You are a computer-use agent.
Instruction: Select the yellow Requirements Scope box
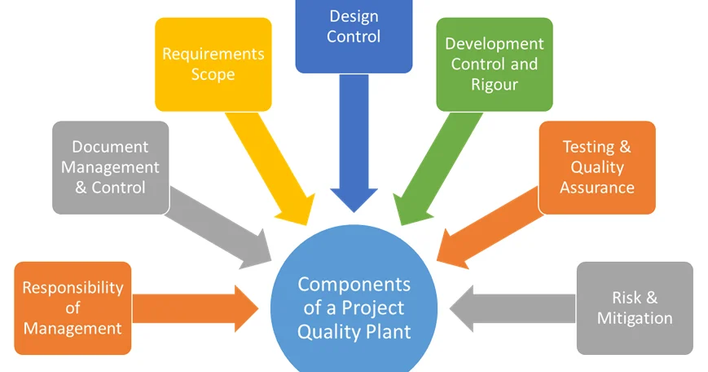coord(213,64)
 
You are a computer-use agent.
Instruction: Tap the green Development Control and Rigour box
coord(494,64)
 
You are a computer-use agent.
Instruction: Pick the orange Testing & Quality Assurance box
coord(596,167)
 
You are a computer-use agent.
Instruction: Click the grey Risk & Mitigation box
coord(635,308)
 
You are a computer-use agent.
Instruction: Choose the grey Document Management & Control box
coord(110,167)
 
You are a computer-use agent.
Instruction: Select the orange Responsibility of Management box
coord(73,308)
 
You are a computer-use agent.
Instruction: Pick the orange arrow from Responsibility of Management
coord(196,308)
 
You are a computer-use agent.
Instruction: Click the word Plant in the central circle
coord(386,331)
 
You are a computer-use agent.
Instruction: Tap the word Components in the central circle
coord(354,285)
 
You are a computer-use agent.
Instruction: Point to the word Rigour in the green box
coord(494,84)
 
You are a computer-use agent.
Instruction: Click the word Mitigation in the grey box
coord(635,318)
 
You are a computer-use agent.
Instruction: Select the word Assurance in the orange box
coord(596,188)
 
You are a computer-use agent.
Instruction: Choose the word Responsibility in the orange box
coord(73,287)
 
